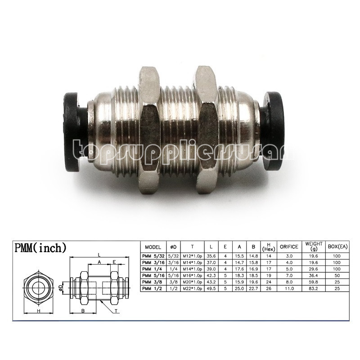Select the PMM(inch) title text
tap(41, 247)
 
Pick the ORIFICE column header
tap(289, 247)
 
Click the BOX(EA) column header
tap(337, 247)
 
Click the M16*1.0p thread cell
tap(192, 275)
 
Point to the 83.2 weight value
tap(313, 288)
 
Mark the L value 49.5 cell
tap(211, 288)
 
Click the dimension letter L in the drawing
tap(98, 255)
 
